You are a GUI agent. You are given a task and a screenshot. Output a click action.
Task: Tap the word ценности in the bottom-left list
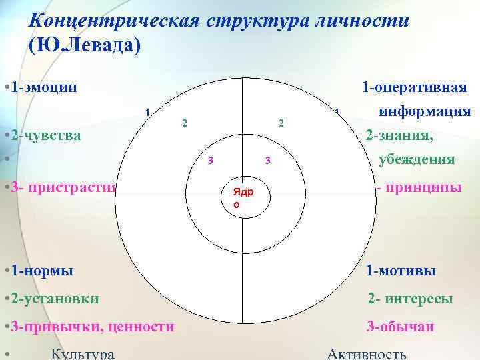[x=140, y=327]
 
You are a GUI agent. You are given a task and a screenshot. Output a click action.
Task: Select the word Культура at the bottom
[x=82, y=353]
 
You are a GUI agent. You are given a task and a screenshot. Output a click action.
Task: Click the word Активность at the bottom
[x=366, y=353]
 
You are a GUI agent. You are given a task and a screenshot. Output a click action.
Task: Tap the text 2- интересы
[x=411, y=299]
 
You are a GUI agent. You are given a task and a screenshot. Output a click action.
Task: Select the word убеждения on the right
[x=417, y=160]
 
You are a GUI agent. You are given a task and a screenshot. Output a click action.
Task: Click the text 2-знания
[x=399, y=135]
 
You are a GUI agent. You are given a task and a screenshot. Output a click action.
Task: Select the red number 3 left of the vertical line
[x=210, y=160]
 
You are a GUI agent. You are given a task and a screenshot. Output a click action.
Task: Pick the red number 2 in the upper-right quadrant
[x=281, y=123]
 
